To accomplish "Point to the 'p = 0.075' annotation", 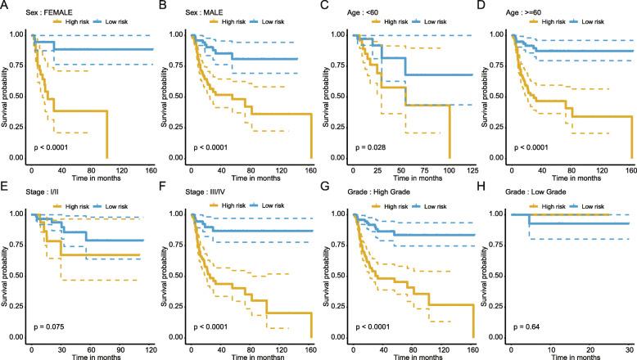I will (49, 327).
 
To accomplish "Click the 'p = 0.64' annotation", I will (527, 327).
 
